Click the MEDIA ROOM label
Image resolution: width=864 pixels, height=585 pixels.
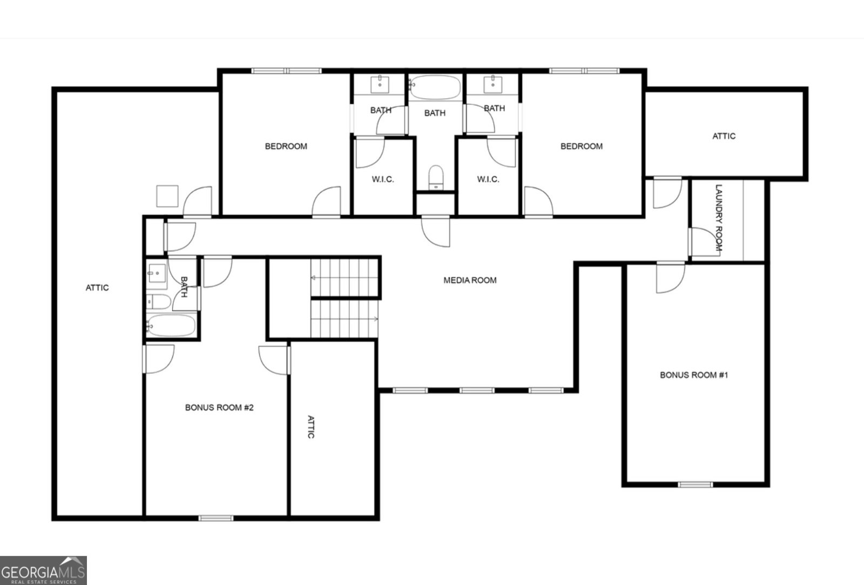pos(470,280)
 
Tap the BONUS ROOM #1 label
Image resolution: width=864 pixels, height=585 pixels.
pos(694,375)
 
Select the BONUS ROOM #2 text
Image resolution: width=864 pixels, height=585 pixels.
pos(219,408)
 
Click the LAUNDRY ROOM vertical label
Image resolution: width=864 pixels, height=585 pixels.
pos(719,218)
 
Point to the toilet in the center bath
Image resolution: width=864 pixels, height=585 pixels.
pos(435,178)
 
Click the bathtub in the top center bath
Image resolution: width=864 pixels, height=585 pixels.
pos(435,87)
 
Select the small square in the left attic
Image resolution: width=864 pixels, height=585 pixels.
pos(167,196)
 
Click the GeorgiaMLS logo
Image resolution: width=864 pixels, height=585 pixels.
pos(43,570)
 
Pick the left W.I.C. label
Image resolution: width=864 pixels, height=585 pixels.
pos(383,179)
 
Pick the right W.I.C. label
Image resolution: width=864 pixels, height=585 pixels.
pos(488,179)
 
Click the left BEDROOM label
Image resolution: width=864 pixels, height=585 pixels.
pos(286,146)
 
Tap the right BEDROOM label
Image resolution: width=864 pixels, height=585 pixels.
pos(582,146)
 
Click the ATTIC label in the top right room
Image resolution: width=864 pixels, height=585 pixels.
pos(724,136)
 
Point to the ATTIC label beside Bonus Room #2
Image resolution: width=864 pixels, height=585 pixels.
pos(311,427)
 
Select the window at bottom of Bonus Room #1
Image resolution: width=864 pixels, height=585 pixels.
pos(696,484)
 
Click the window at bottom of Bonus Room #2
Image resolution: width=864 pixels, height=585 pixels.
pos(216,518)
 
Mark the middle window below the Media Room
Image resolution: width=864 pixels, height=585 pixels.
pos(477,390)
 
